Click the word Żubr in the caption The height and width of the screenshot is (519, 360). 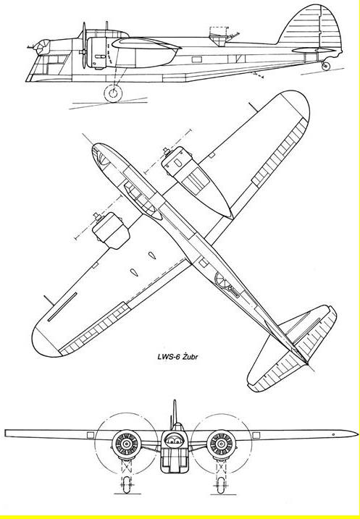(x=190, y=357)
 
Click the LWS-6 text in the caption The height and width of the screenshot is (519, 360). (x=168, y=357)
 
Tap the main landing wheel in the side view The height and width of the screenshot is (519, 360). (x=113, y=93)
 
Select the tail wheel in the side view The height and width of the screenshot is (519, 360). (x=326, y=66)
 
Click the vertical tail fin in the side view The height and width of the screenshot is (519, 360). (x=311, y=27)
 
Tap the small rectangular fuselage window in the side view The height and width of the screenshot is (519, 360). (x=197, y=59)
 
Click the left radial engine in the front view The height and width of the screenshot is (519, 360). (x=126, y=444)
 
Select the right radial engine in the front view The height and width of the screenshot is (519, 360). (x=221, y=444)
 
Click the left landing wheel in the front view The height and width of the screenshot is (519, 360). (x=127, y=484)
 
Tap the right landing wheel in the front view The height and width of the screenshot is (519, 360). (x=221, y=485)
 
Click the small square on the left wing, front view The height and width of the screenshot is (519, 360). (x=91, y=435)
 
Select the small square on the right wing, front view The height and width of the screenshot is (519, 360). (x=256, y=435)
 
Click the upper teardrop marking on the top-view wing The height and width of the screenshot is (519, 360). (x=151, y=256)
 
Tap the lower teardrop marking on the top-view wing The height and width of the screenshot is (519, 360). (x=134, y=272)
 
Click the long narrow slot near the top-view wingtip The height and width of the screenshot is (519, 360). (x=62, y=307)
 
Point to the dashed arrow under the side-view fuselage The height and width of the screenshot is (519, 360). (x=256, y=75)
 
